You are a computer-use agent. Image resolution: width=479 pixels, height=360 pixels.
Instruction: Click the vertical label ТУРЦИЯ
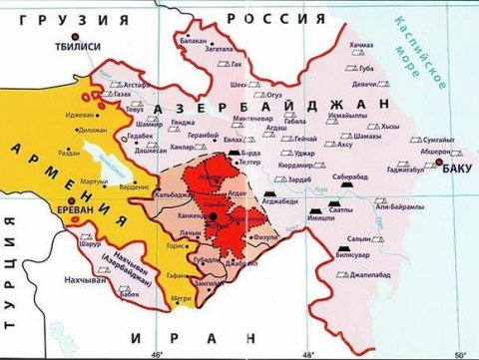pyautogui.click(x=10, y=284)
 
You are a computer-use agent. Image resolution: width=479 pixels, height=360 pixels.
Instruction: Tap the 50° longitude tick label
pyautogui.click(x=459, y=353)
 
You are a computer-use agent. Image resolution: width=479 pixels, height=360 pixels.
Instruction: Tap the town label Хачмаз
pyautogui.click(x=360, y=46)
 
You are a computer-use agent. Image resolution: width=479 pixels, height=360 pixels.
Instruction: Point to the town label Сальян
pyautogui.click(x=390, y=238)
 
